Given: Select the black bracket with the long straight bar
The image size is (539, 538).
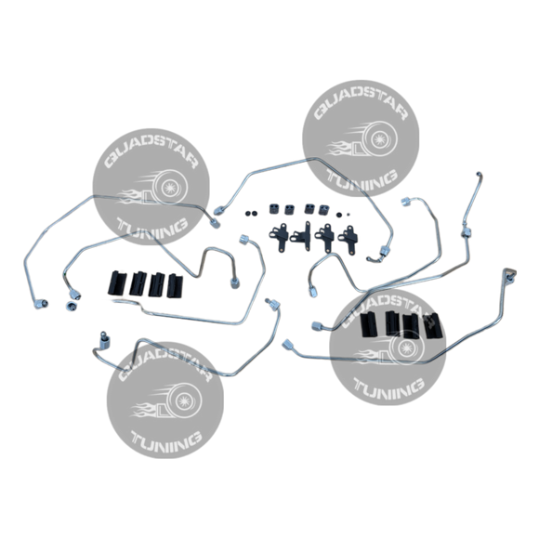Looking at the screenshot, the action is [303, 236].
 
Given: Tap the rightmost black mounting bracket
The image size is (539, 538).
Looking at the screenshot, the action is [348, 238].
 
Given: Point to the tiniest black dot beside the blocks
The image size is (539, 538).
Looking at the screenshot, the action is [348, 215].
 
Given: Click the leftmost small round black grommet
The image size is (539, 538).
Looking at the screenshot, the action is [248, 214].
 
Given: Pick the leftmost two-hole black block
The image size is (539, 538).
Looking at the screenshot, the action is [274, 208].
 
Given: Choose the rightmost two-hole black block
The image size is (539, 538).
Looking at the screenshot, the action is [323, 210].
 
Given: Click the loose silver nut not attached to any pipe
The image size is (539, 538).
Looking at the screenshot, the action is [71, 306].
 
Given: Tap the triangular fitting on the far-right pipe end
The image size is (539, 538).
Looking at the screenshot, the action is [510, 274].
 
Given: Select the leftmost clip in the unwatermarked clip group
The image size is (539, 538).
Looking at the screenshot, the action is [117, 282].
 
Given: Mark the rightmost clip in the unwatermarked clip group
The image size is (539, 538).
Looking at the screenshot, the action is [175, 285].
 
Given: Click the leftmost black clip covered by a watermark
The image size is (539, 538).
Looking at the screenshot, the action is [369, 324].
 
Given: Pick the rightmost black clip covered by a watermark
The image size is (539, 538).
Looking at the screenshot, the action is [432, 325].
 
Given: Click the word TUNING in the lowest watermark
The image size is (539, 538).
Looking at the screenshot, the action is [166, 440].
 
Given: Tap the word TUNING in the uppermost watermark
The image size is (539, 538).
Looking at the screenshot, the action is [362, 177].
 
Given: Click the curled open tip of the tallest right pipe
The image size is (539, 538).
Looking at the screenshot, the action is [479, 175].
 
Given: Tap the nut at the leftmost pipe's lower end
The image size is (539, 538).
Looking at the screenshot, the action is [41, 304].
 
